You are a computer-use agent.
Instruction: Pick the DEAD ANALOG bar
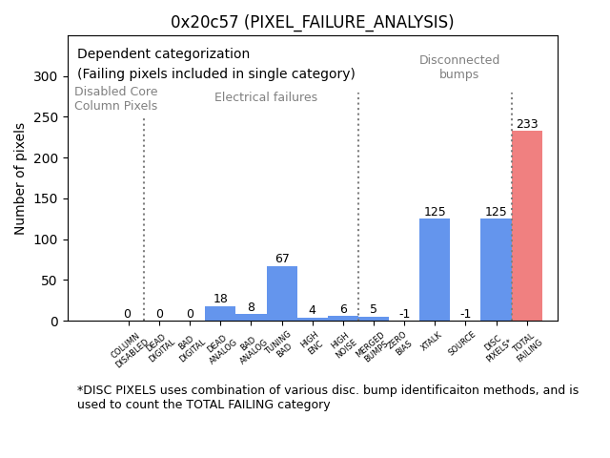point(220,314)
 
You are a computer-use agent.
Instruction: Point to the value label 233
point(527,124)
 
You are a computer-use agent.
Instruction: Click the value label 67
point(282,260)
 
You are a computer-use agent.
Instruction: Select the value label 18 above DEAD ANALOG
point(220,300)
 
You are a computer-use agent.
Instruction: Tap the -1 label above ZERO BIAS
point(404,314)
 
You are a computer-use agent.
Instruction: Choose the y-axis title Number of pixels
point(20,178)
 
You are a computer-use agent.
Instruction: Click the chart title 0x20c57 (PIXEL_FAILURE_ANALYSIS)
point(313,22)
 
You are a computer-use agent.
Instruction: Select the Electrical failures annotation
point(266,97)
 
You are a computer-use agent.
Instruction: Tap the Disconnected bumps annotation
point(459,68)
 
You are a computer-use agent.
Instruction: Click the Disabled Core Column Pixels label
point(116,98)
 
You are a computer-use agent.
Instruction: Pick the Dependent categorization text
point(163,54)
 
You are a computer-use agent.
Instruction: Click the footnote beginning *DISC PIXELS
point(327,397)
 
